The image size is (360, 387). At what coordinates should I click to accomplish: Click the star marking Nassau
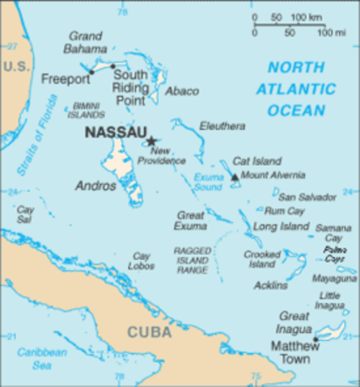tap(151, 140)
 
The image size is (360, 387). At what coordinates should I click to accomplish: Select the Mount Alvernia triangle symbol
tap(235, 177)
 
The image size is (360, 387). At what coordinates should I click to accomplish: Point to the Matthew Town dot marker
tap(316, 339)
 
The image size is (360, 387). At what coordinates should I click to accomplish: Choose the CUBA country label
tap(149, 331)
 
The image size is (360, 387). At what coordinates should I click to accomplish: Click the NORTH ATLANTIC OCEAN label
tap(301, 89)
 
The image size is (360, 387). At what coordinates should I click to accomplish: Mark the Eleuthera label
tap(223, 127)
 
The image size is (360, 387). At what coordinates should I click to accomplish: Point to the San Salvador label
tap(306, 196)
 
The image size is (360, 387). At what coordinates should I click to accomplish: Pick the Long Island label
tap(281, 227)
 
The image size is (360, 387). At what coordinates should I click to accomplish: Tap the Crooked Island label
tap(263, 259)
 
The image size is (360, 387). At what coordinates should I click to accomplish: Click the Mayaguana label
tap(334, 279)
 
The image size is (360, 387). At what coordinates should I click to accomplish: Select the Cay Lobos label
tap(142, 260)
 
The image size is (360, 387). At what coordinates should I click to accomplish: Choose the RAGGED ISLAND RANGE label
tap(193, 261)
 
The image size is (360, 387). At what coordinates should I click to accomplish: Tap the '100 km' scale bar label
tap(306, 17)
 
